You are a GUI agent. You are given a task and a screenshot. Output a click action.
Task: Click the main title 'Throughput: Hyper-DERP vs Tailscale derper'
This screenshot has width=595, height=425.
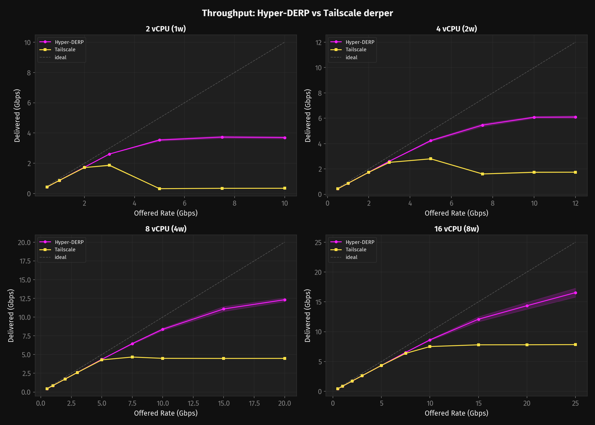click(x=297, y=13)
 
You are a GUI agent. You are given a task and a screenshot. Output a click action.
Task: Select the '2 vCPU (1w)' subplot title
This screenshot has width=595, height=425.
click(x=166, y=29)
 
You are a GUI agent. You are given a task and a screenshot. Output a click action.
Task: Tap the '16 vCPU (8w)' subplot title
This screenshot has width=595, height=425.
click(x=456, y=229)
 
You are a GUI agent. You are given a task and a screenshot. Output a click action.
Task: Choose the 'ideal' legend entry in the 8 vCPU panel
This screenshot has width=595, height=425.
click(x=60, y=257)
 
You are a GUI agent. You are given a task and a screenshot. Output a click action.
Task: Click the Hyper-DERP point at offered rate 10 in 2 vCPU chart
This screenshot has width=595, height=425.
click(x=285, y=138)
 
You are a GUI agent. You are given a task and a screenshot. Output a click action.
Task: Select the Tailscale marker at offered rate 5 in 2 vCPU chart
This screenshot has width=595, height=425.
click(x=160, y=189)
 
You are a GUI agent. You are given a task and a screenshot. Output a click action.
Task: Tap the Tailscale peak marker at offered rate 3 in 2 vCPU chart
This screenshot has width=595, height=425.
click(x=109, y=165)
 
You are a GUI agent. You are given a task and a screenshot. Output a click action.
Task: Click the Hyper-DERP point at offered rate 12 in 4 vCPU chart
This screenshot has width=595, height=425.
click(x=575, y=117)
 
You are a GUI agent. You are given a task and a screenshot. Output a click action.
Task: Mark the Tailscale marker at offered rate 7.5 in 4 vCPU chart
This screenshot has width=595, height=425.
click(x=483, y=174)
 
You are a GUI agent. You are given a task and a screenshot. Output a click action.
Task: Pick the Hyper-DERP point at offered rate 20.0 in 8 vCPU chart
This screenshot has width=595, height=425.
click(x=285, y=300)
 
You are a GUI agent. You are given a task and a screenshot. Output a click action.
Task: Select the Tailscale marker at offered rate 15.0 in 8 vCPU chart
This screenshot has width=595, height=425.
click(x=224, y=358)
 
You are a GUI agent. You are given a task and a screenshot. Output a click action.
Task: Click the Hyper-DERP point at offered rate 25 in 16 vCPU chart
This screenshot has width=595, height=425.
click(x=575, y=293)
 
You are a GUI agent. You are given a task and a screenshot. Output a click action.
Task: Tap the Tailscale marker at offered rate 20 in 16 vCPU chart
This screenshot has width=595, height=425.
click(x=527, y=345)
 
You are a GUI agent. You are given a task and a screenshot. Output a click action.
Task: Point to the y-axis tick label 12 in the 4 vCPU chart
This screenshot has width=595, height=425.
click(x=319, y=42)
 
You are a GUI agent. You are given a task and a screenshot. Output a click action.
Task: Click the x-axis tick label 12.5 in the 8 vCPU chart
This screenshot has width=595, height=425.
click(x=193, y=403)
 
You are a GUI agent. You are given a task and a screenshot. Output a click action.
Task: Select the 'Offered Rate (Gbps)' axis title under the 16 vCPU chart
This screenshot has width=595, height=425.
click(x=456, y=413)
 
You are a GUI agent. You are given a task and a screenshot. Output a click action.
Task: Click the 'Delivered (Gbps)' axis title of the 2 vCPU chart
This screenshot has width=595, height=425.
click(x=17, y=116)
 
